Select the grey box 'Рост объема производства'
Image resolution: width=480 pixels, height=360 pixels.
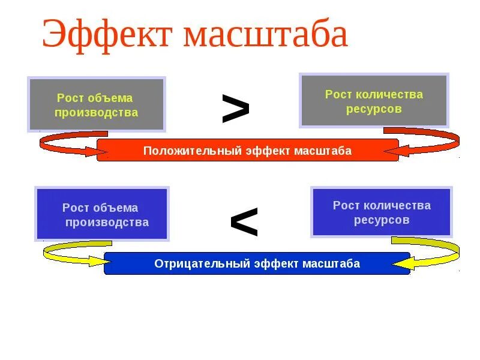pyautogui.click(x=96, y=105)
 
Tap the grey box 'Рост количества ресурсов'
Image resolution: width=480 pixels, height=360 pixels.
pyautogui.click(x=374, y=101)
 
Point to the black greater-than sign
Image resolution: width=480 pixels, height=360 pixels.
pyautogui.click(x=235, y=109)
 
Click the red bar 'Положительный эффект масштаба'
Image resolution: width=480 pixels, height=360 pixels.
pyautogui.click(x=247, y=151)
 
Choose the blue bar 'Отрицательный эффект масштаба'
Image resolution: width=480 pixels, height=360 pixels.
pyautogui.click(x=257, y=263)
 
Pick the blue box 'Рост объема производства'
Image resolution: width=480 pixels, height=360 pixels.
pyautogui.click(x=102, y=214)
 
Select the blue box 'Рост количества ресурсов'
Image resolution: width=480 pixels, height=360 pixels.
pyautogui.click(x=382, y=212)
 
